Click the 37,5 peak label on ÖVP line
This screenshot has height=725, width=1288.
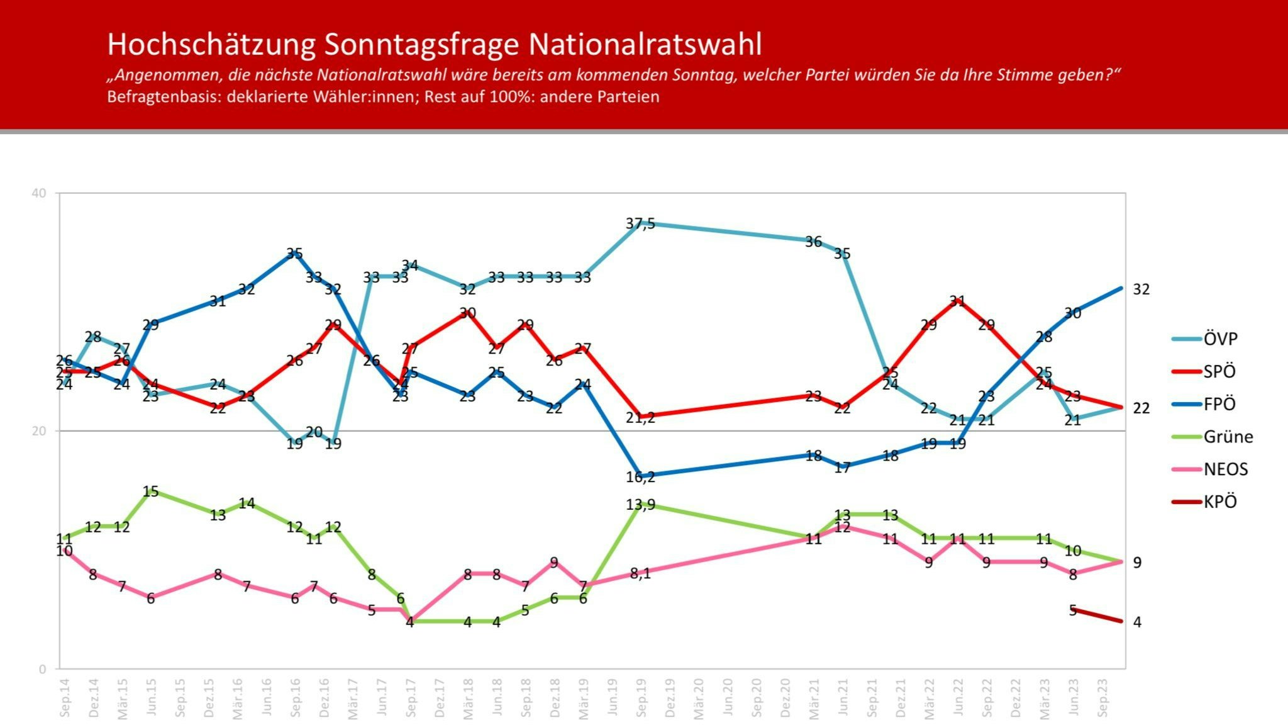(x=640, y=223)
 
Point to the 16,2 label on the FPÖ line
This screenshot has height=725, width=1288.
(x=640, y=477)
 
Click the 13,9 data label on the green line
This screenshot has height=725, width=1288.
(x=640, y=504)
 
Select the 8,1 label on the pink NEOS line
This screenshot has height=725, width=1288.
(x=640, y=573)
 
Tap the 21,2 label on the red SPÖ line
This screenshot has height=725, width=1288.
(x=640, y=417)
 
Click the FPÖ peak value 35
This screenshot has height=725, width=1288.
(x=294, y=253)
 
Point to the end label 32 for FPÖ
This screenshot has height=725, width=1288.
(x=1141, y=289)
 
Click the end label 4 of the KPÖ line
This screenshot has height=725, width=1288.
(x=1137, y=622)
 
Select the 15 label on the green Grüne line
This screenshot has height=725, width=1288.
(x=150, y=491)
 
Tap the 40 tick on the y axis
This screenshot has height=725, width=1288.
(x=39, y=193)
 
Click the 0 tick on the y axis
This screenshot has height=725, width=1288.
(x=43, y=669)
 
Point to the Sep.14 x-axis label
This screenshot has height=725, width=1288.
(x=65, y=698)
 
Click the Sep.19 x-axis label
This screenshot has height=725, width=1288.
(x=641, y=698)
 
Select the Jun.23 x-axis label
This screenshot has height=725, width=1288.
(x=1074, y=698)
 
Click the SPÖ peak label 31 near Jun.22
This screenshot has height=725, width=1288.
(x=957, y=301)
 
